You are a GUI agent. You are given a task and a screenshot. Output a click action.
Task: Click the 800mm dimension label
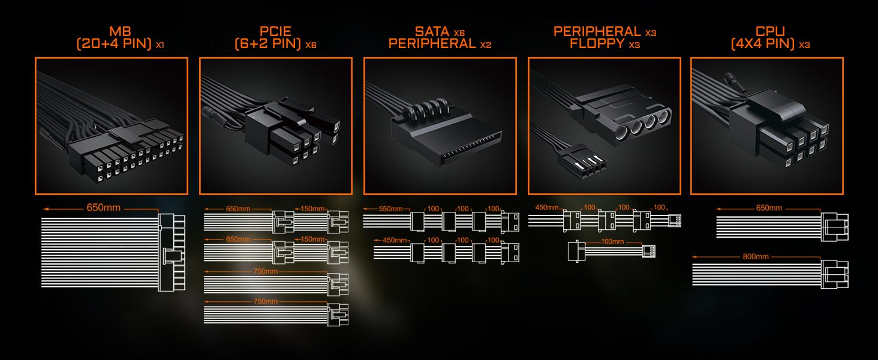click(x=755, y=256)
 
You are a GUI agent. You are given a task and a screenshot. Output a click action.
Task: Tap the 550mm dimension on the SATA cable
click(x=390, y=209)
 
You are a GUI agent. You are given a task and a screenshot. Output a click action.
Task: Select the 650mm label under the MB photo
click(x=103, y=208)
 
